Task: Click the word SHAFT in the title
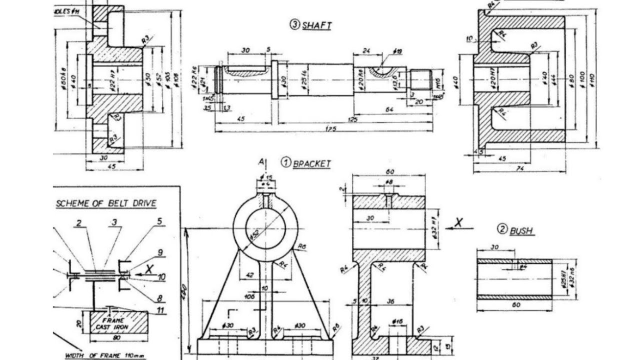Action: (316, 26)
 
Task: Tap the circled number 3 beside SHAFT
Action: (294, 25)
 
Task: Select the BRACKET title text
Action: (311, 163)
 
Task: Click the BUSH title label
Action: (521, 231)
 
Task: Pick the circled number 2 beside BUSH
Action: (501, 229)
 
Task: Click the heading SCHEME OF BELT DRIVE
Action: (106, 203)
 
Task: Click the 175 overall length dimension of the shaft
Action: (330, 129)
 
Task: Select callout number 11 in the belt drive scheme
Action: (160, 311)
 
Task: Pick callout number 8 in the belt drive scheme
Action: (160, 298)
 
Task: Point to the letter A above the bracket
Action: (260, 162)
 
